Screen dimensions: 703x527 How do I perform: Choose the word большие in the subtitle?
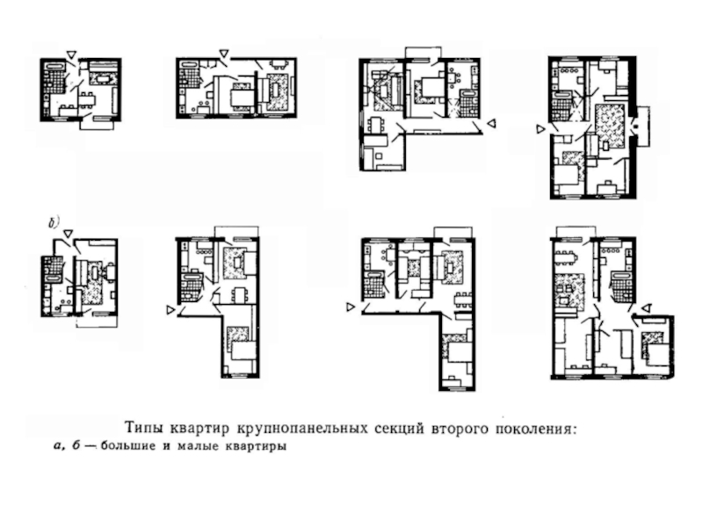(128, 446)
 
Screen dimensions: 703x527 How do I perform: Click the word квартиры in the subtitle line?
(256, 447)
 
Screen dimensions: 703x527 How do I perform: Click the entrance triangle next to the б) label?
(68, 234)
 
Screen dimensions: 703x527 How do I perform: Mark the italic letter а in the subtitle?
(57, 447)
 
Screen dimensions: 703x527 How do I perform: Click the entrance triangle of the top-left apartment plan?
(71, 54)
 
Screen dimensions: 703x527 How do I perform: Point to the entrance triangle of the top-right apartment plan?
(541, 129)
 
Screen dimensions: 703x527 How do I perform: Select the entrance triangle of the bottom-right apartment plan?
(646, 308)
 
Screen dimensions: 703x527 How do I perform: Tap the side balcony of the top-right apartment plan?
(643, 126)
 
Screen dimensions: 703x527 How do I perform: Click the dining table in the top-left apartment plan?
(88, 99)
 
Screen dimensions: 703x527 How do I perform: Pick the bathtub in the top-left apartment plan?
(54, 65)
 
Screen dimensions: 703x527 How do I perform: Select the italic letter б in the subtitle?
(76, 446)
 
